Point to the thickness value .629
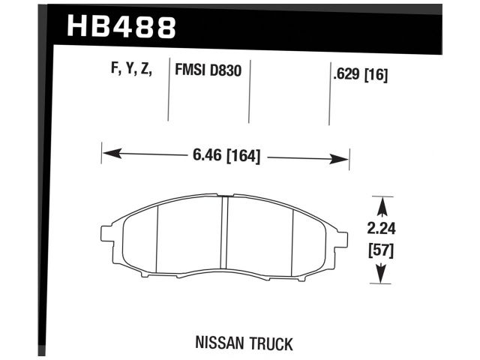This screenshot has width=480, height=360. (344, 73)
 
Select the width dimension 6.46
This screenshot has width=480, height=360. (205, 157)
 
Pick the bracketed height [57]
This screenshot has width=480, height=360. (382, 250)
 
